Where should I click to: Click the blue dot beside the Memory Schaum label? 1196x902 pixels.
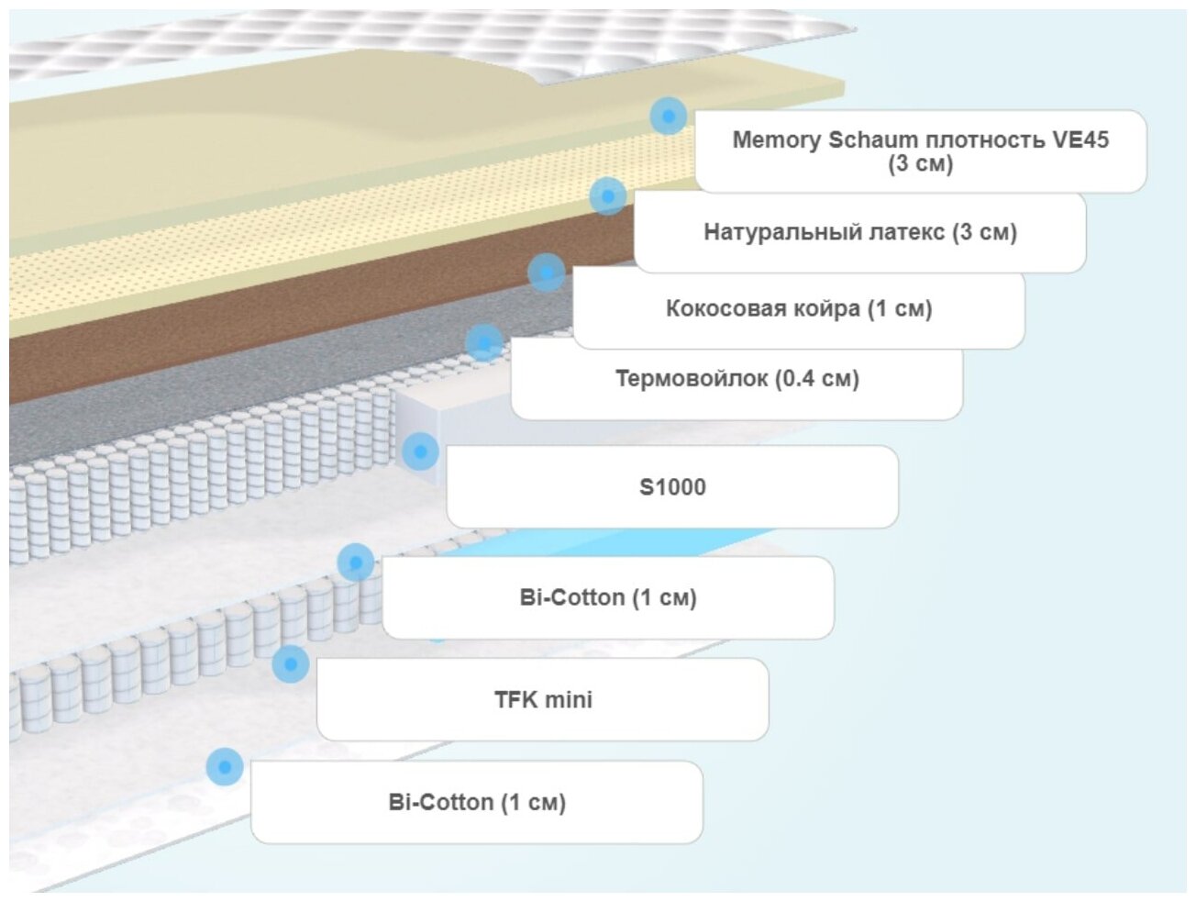[669, 117]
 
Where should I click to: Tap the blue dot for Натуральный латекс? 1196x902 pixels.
[607, 196]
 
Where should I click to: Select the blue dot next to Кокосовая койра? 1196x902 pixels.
[547, 273]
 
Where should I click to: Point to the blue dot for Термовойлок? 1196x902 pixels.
[484, 343]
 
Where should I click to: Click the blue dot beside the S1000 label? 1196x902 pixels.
[420, 451]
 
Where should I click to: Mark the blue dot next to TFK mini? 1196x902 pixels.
[291, 663]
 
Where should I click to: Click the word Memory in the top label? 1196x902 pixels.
[776, 140]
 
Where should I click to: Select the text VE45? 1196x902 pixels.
[1080, 140]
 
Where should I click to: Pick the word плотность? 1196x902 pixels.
[985, 140]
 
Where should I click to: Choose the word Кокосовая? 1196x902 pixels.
[725, 308]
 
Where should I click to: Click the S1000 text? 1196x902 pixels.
[672, 487]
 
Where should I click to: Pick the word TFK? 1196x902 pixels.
[515, 700]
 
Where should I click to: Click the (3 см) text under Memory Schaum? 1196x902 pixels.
[920, 164]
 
